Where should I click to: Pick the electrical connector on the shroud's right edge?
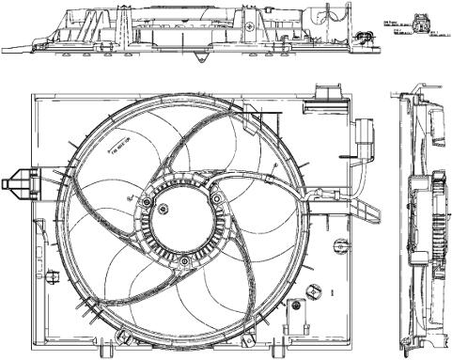[364, 135]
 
